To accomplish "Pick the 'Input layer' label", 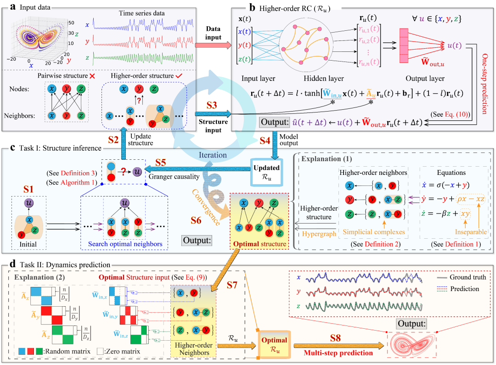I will click(x=255, y=78).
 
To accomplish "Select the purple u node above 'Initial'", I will click(x=28, y=202).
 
